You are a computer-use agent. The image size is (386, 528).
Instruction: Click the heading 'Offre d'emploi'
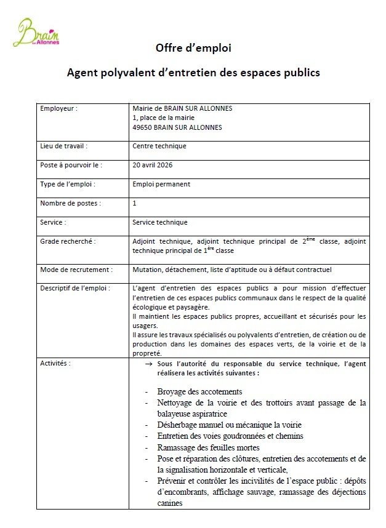pos(193,48)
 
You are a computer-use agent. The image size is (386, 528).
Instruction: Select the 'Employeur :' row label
pos(59,108)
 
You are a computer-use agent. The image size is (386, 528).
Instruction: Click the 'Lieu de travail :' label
pos(63,146)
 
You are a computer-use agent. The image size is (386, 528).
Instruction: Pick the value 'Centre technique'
pos(159,146)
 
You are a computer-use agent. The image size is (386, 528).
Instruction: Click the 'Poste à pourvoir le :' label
pos(71,165)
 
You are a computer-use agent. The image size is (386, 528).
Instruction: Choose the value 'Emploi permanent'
pos(161,184)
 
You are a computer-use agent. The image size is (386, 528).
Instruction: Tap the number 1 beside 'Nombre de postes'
pos(135,203)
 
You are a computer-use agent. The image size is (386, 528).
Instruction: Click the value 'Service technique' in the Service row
pos(160,222)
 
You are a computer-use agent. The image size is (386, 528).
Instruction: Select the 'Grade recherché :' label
pos(68,241)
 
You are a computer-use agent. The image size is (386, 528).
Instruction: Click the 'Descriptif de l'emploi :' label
pos(74,288)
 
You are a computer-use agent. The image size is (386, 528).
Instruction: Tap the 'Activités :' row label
pos(55,364)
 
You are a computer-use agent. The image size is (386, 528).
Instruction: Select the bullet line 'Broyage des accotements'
pos(199,392)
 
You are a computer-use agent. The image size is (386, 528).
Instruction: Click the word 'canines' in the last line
pos(170,503)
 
